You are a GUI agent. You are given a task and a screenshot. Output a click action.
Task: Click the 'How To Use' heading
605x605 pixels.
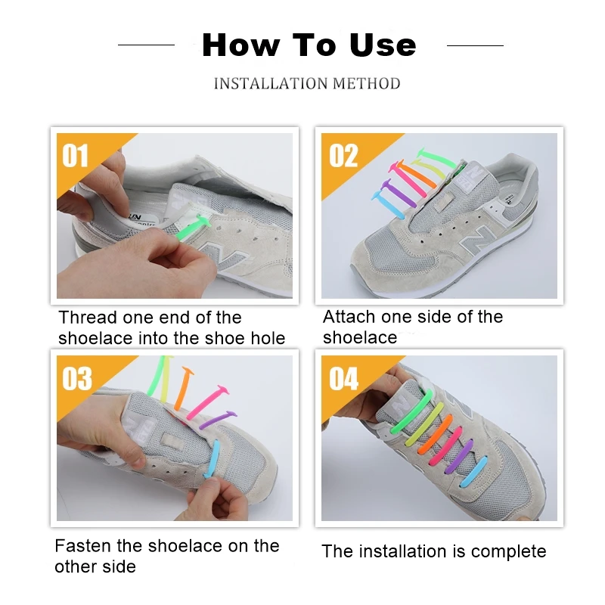click(x=309, y=45)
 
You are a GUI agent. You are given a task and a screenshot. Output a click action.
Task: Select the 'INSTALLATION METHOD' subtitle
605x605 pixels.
click(x=307, y=83)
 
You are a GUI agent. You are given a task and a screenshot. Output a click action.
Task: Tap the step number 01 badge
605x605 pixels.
click(x=76, y=156)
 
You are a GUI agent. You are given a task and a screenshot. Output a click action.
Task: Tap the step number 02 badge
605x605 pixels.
click(x=343, y=156)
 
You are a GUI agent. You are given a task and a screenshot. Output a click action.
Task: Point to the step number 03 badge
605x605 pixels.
click(x=76, y=379)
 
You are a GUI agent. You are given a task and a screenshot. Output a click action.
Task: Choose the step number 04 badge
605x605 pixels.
click(x=343, y=379)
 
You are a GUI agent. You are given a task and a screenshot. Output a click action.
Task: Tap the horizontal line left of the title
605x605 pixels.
click(x=146, y=45)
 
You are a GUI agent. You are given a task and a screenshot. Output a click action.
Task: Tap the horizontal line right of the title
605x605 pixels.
click(x=474, y=45)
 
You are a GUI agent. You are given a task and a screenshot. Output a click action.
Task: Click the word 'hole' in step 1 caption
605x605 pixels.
click(x=268, y=338)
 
